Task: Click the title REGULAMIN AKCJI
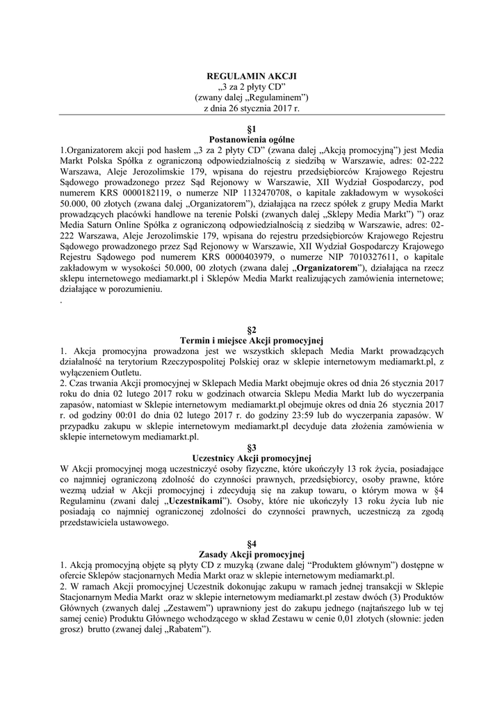coord(252,75)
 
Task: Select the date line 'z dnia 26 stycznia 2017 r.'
coord(252,108)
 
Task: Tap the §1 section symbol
coord(252,130)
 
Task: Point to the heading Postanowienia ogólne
coord(252,140)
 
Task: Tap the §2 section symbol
coord(252,330)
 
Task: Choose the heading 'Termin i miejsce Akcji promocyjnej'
coord(252,340)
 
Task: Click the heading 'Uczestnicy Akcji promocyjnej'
coord(252,458)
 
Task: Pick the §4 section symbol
coord(252,543)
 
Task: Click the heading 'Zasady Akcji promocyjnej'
coord(252,554)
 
